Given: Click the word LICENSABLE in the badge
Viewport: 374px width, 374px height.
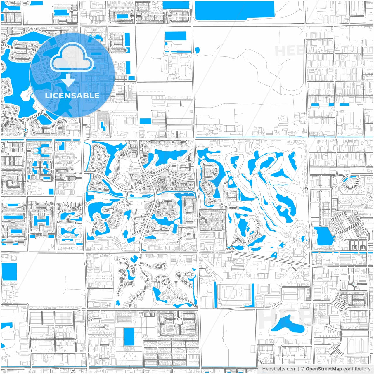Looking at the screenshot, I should tap(72, 96).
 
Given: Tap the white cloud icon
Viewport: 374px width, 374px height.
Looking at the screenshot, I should tap(72, 58).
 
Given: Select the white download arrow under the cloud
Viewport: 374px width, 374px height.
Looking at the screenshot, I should tap(68, 80).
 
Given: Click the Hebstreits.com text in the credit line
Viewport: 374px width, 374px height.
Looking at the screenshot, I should tap(279, 369).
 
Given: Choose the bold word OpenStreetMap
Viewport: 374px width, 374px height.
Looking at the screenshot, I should tap(323, 369).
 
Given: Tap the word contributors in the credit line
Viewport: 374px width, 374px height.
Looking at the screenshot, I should tap(357, 369).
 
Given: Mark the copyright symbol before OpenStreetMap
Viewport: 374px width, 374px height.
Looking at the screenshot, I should tap(302, 369).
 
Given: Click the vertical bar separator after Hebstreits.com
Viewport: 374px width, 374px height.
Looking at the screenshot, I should tap(298, 369).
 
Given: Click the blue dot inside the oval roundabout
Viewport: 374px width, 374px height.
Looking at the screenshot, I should tap(354, 284).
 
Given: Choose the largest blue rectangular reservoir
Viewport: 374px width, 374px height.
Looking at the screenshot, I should tap(234, 10).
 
